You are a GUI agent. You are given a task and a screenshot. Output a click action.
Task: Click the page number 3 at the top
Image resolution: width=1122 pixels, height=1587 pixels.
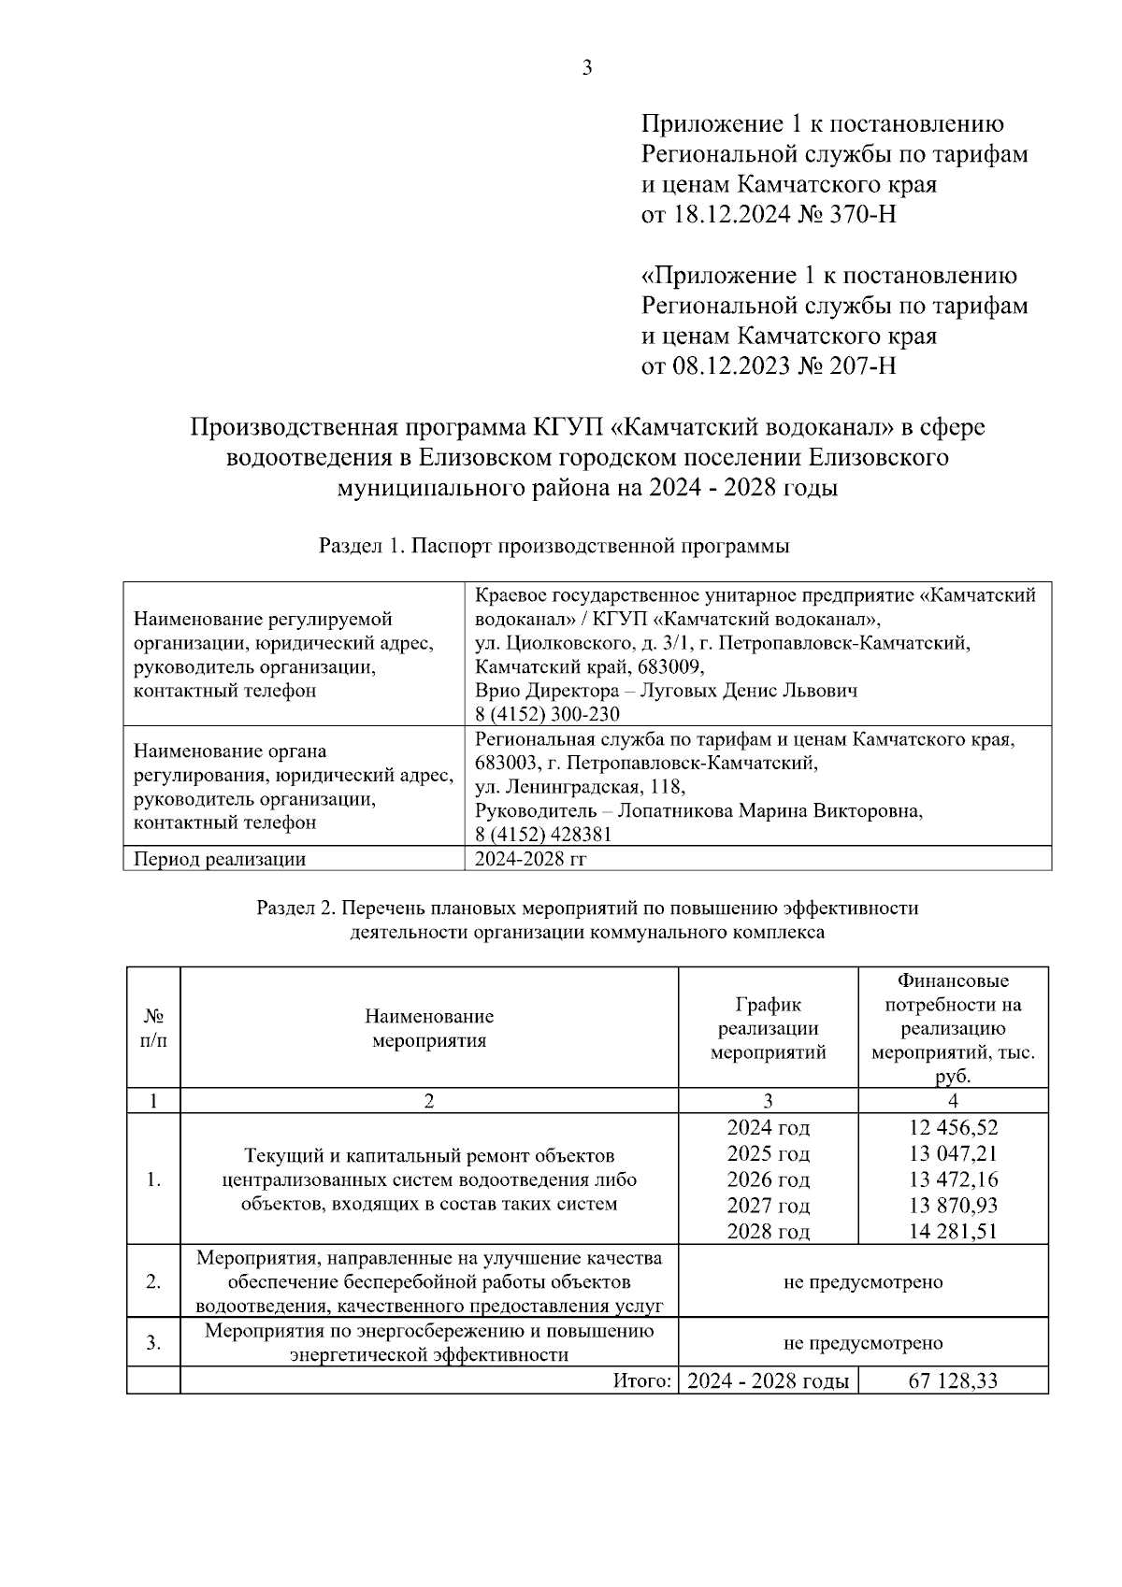(x=586, y=68)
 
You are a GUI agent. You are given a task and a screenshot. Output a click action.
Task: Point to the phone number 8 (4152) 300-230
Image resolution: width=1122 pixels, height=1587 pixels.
(x=547, y=715)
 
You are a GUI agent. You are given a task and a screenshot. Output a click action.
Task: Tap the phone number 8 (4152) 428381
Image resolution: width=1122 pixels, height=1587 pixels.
(x=542, y=836)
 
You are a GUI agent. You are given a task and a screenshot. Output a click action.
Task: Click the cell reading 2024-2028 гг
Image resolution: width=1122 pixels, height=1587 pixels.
(x=530, y=859)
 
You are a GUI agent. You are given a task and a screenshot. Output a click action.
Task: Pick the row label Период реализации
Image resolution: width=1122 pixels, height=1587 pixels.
(x=220, y=859)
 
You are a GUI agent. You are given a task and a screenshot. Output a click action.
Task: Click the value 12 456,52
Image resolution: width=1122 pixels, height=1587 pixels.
(x=953, y=1127)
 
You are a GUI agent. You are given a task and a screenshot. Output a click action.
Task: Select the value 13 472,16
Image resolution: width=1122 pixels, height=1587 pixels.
(x=953, y=1180)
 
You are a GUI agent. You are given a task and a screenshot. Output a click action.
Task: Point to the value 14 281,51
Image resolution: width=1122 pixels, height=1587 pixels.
(x=953, y=1232)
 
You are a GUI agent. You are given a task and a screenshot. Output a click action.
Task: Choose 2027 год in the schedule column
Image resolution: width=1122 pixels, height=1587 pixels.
(x=768, y=1206)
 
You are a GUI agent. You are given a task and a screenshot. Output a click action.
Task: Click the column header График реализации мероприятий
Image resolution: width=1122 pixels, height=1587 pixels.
(x=768, y=1029)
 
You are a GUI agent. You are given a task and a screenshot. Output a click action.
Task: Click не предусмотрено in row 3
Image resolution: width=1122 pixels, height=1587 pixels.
(x=862, y=1343)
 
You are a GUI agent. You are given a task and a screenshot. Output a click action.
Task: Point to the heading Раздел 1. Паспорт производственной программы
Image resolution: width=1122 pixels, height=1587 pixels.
(x=554, y=547)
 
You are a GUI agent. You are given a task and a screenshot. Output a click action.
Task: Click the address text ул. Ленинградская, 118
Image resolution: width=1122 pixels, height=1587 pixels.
(x=580, y=787)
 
